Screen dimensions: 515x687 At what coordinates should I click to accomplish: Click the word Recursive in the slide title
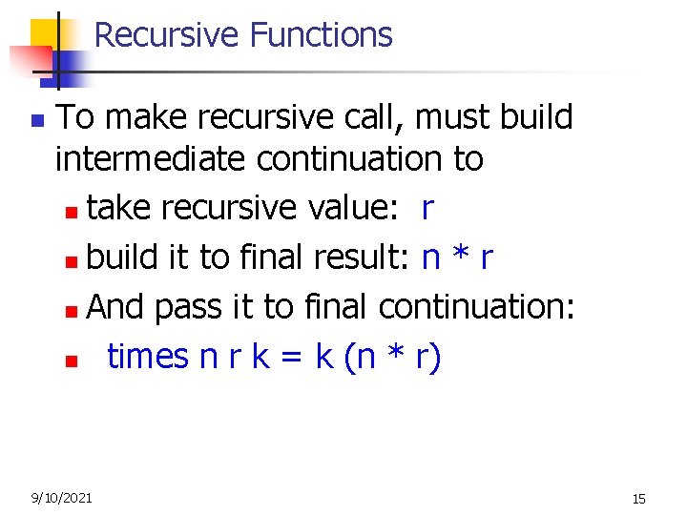click(167, 35)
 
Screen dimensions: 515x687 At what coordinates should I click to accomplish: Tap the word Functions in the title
click(321, 35)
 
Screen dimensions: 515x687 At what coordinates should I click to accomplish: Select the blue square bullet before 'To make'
click(36, 122)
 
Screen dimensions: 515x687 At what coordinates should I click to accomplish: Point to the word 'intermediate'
click(152, 159)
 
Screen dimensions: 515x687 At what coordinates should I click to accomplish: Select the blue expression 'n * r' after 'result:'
click(457, 257)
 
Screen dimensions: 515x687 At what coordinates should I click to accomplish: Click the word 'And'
click(115, 307)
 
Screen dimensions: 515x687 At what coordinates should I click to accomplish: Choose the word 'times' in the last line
click(148, 357)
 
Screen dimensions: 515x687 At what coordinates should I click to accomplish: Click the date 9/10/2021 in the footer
click(62, 497)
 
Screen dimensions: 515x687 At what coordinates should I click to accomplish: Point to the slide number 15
click(638, 498)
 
